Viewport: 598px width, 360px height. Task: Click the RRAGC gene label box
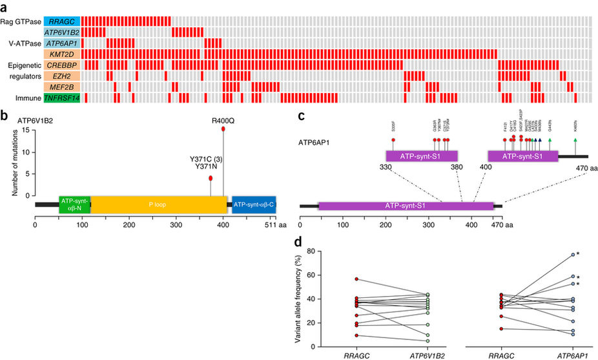coord(62,21)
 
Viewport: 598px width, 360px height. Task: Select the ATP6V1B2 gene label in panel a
coord(62,32)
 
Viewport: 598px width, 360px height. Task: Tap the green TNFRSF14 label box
coord(62,98)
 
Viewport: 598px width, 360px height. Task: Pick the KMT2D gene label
coord(62,54)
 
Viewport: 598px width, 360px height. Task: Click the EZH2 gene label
coord(62,76)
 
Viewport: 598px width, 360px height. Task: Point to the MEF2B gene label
coord(62,87)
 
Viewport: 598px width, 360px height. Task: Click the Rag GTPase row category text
coord(21,21)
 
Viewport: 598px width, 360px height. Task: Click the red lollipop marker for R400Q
coord(223,129)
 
